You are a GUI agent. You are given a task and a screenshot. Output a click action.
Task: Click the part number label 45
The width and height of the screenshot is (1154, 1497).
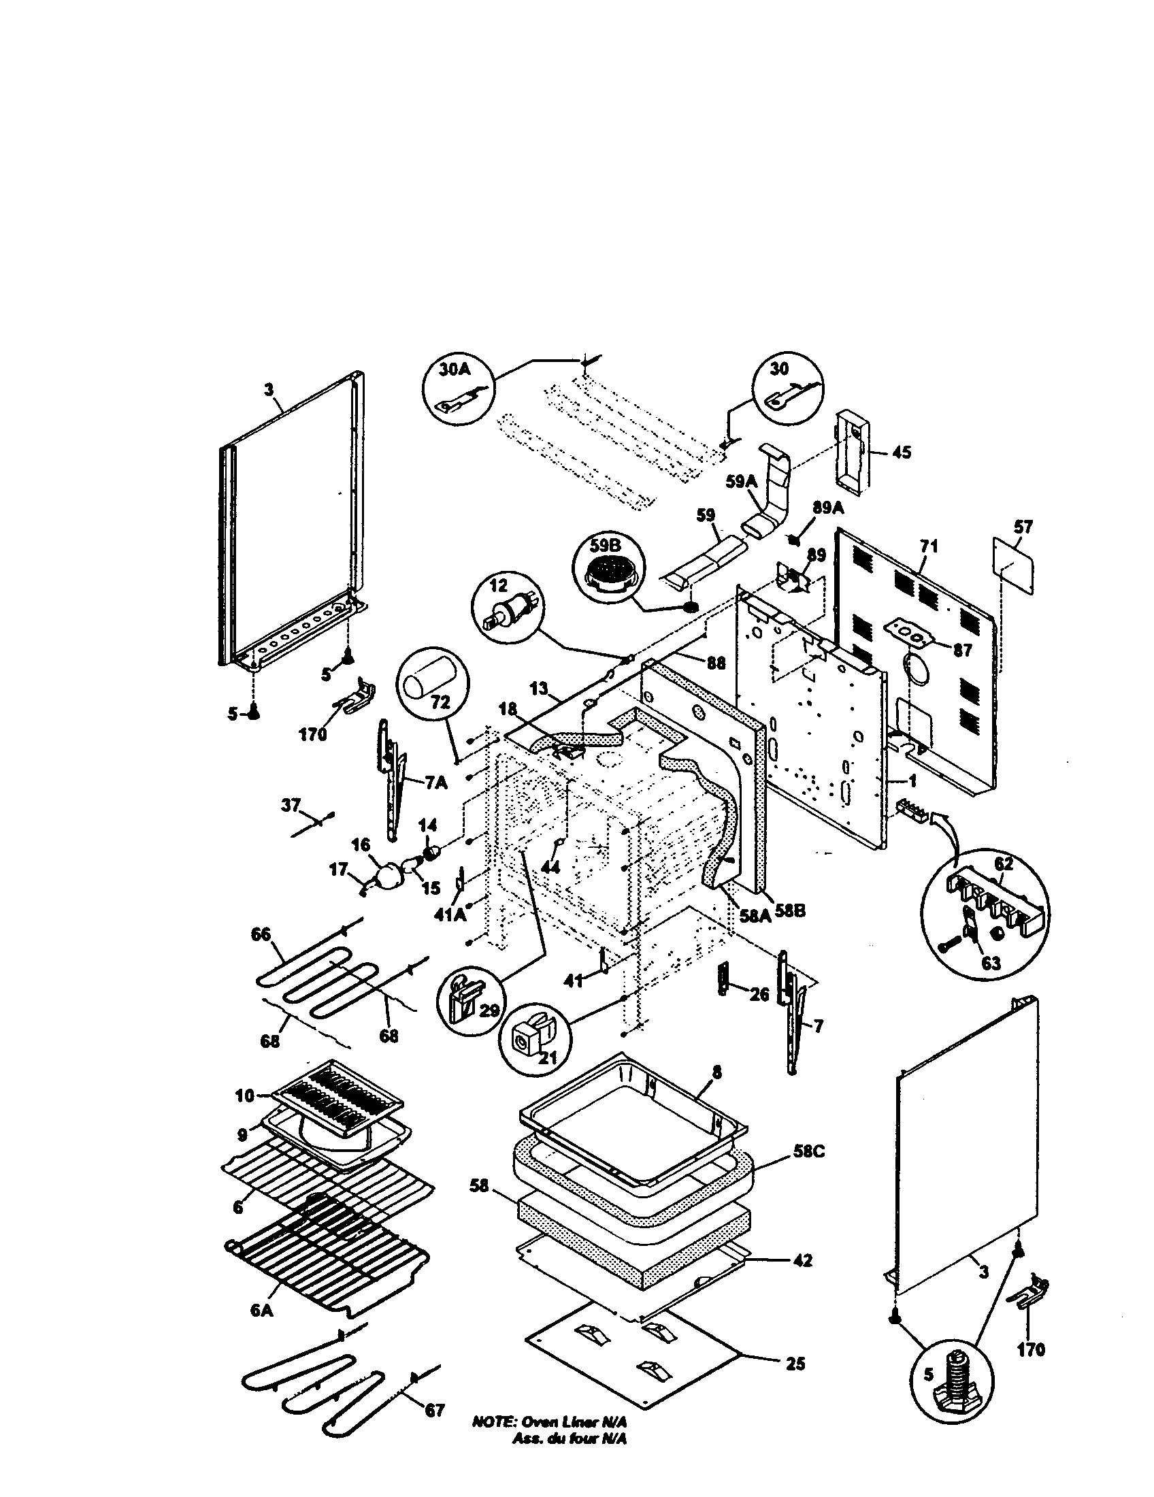click(x=902, y=453)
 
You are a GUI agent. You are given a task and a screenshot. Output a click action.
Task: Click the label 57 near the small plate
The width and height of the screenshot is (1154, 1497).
click(x=1023, y=528)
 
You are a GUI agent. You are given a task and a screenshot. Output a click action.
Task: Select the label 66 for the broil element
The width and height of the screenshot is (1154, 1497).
click(x=261, y=935)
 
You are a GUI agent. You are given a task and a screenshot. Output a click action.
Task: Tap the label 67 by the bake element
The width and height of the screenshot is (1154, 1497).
click(x=434, y=1411)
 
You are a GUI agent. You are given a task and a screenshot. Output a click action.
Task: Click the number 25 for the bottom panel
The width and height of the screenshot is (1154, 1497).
click(x=795, y=1364)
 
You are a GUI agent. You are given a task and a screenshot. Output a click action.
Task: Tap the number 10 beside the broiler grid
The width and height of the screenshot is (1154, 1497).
click(x=245, y=1096)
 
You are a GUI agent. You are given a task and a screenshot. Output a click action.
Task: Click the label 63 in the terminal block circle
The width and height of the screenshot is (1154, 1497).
click(x=991, y=963)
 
